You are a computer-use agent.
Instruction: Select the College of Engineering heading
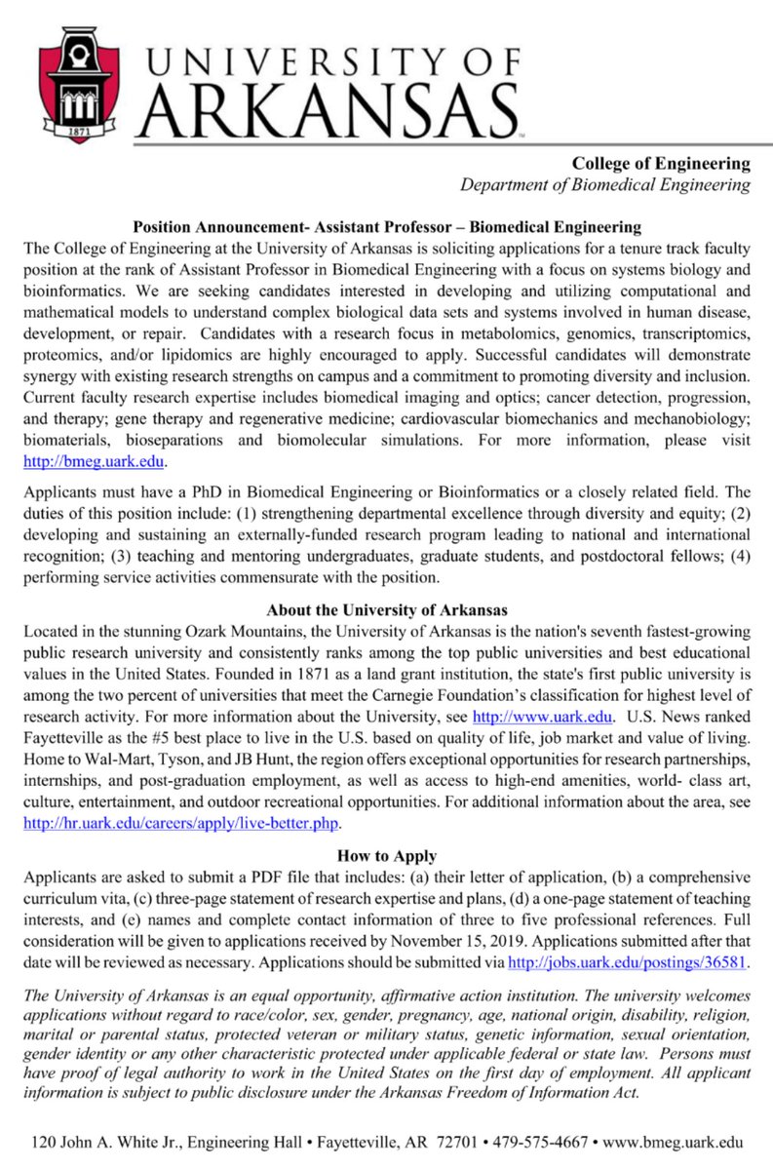(x=661, y=163)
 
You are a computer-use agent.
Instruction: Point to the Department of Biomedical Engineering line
(x=605, y=184)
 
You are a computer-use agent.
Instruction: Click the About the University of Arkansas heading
(x=386, y=610)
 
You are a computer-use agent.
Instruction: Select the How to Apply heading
(x=386, y=856)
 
